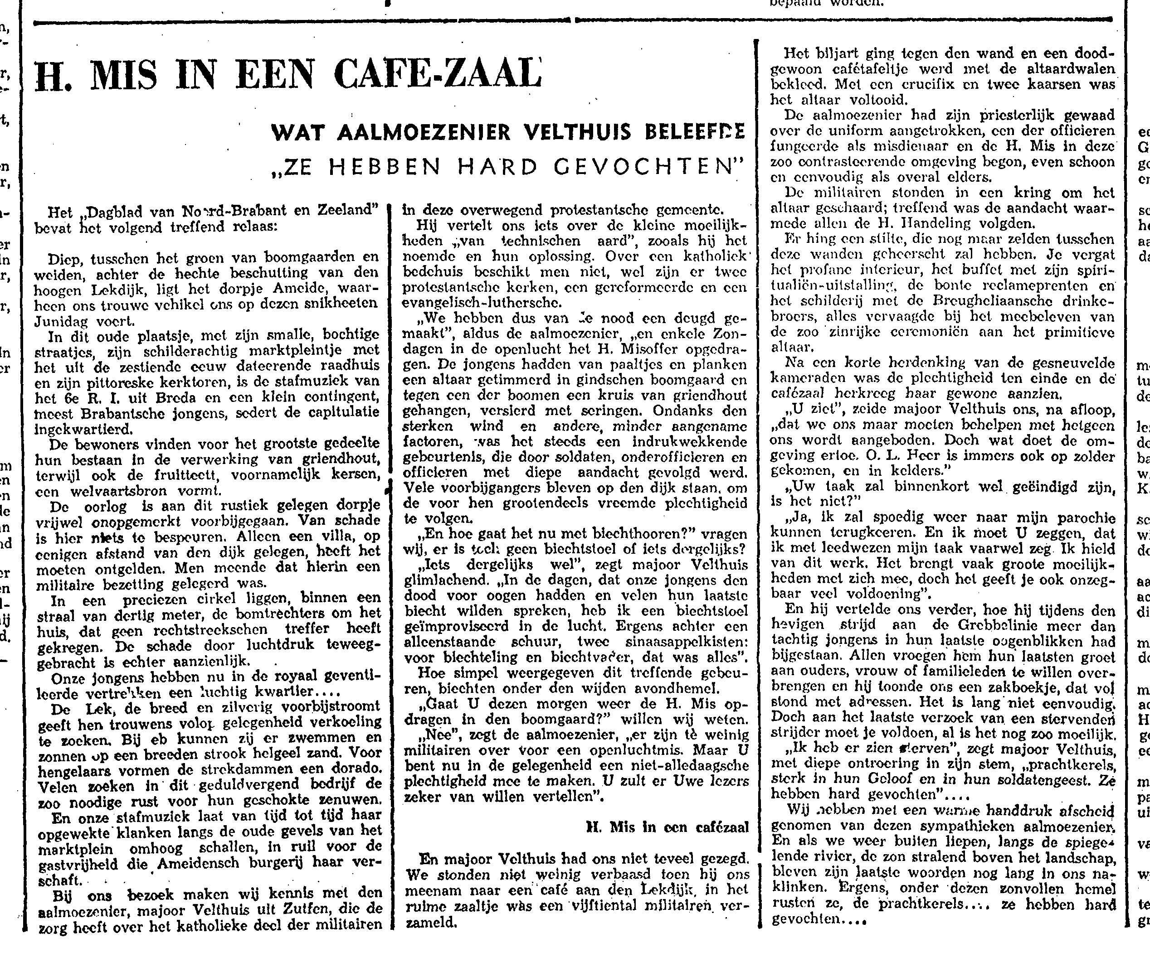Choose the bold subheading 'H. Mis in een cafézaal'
pos(667,827)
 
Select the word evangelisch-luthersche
pos(482,302)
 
